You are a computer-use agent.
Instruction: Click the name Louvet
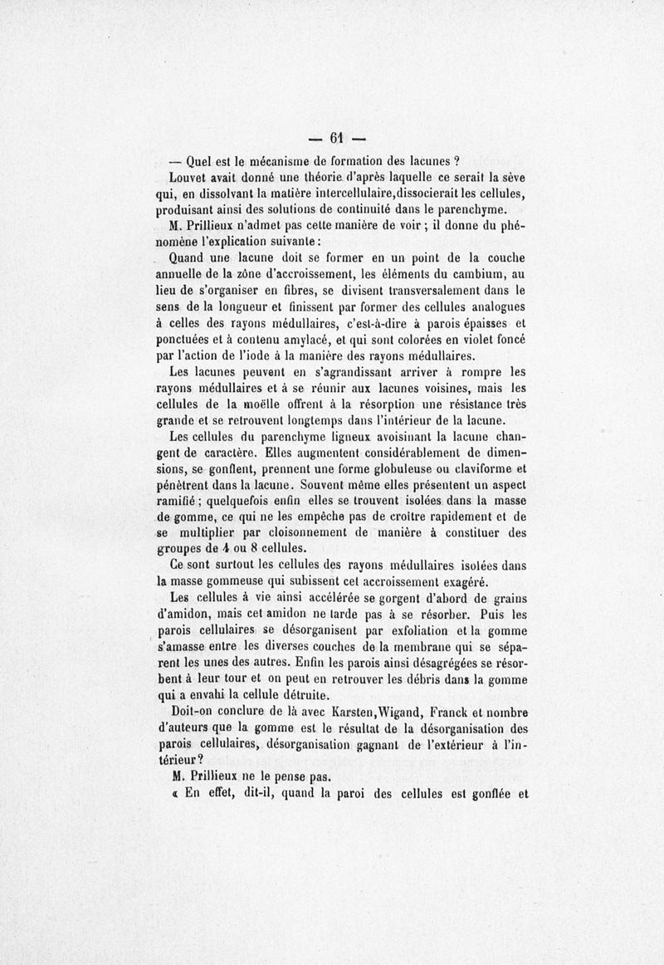[x=189, y=177]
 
